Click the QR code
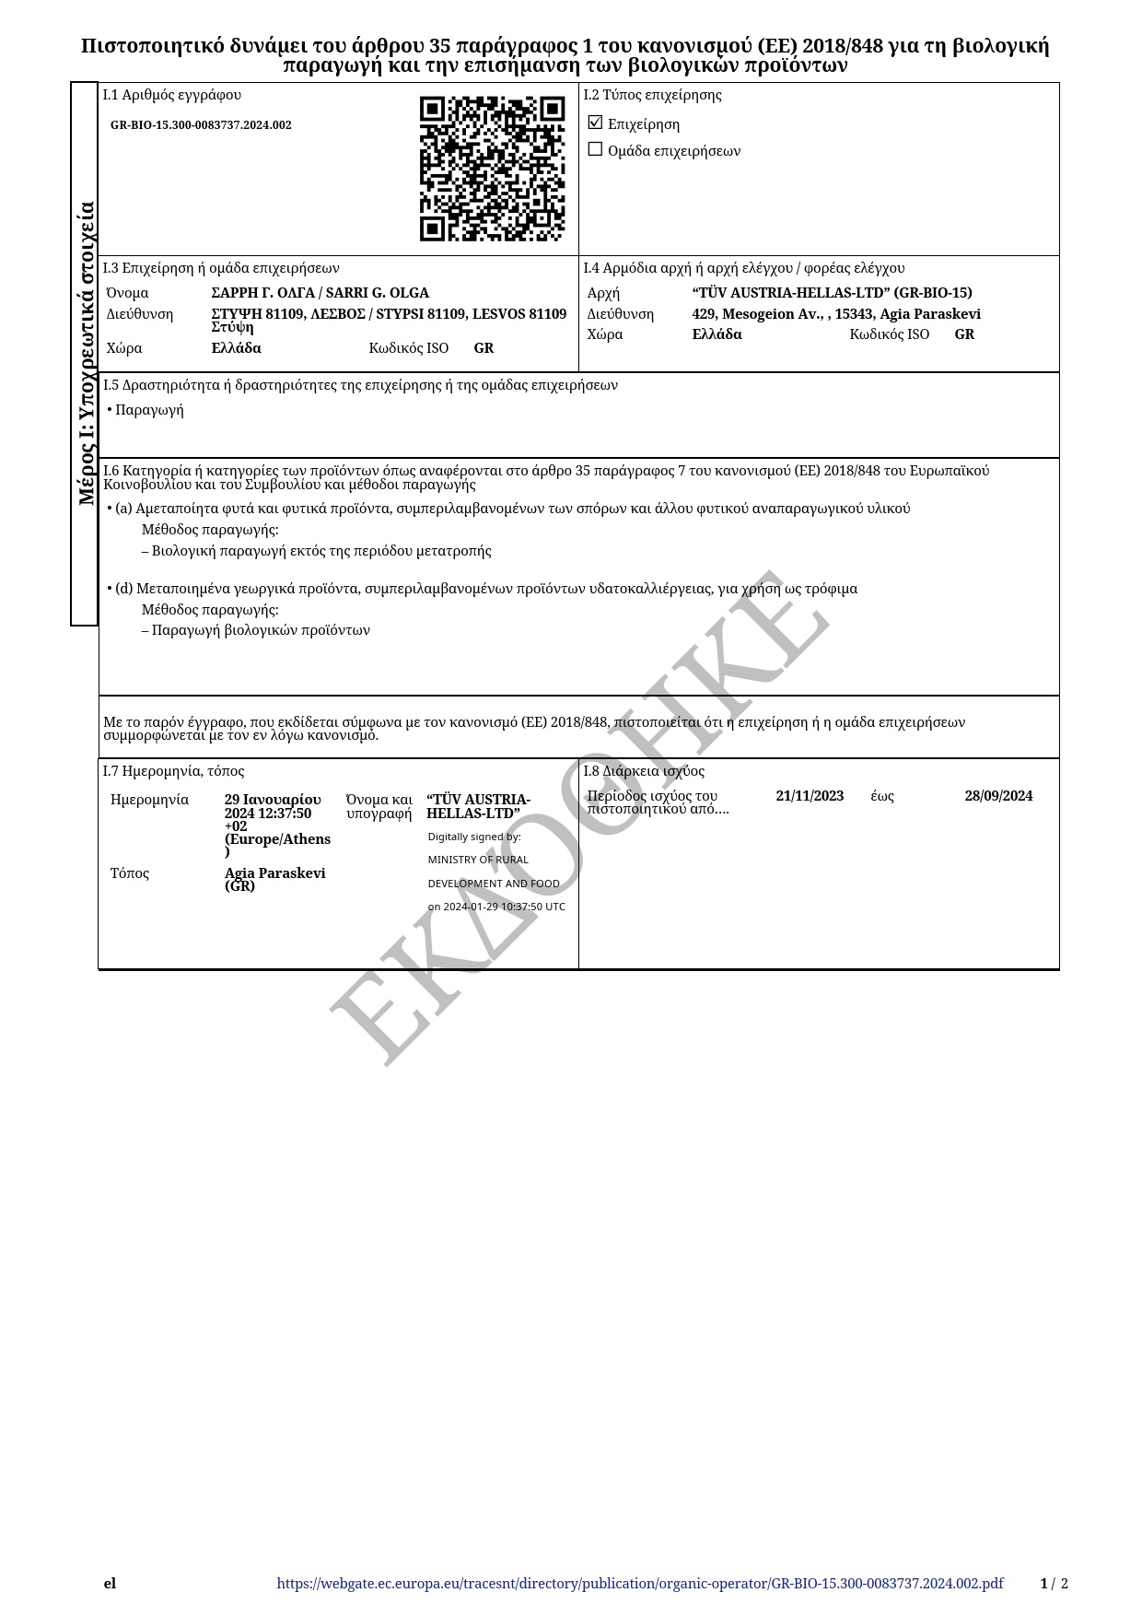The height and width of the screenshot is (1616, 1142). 492,169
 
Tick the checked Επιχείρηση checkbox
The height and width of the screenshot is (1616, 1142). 595,123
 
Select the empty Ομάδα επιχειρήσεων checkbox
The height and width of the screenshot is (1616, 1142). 595,149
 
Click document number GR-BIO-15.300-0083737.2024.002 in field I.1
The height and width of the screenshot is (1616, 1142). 201,125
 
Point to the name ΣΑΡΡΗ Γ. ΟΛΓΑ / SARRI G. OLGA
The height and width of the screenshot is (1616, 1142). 320,293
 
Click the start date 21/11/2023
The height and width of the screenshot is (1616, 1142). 810,796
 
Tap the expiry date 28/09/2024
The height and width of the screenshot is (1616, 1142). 998,796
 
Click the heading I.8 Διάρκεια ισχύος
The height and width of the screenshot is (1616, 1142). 644,771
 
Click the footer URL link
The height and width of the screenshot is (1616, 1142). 639,1584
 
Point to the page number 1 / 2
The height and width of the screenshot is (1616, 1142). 1054,1584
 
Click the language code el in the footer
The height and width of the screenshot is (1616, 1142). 110,1584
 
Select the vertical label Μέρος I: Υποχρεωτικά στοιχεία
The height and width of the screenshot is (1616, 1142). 87,354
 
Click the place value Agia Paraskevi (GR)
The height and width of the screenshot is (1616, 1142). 274,879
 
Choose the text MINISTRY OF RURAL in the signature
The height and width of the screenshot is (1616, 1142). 478,860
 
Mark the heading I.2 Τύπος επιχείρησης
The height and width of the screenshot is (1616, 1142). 652,95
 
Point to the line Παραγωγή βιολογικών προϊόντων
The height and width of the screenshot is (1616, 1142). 261,630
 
